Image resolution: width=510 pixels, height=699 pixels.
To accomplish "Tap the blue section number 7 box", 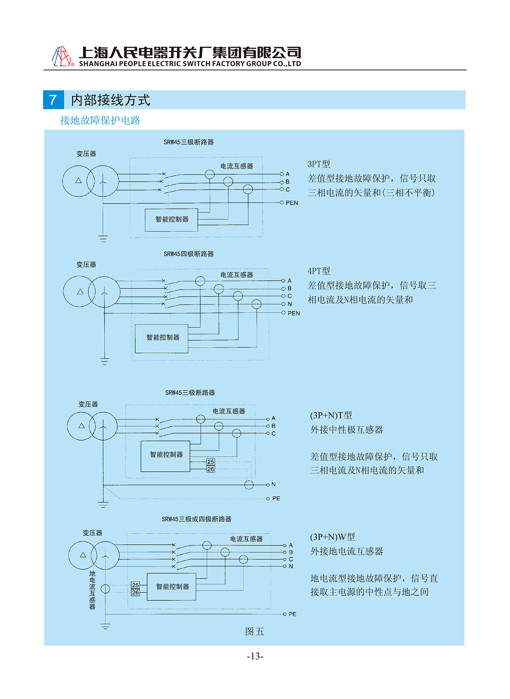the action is pyautogui.click(x=54, y=100).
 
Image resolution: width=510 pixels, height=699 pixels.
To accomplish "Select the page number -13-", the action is pyautogui.click(x=255, y=656).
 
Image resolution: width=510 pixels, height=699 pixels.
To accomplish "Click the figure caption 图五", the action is pyautogui.click(x=255, y=631).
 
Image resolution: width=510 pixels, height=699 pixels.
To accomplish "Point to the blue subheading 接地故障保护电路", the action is pyautogui.click(x=100, y=120).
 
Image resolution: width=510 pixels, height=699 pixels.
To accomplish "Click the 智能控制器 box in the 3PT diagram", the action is pyautogui.click(x=172, y=220).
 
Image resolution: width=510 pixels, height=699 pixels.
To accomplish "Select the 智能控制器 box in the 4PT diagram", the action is pyautogui.click(x=161, y=338).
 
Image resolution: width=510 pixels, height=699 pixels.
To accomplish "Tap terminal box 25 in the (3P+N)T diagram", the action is pyautogui.click(x=210, y=461).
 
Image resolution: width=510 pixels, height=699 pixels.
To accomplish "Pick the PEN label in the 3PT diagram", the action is pyautogui.click(x=292, y=203).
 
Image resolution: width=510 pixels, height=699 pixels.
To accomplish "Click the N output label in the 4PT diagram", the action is pyautogui.click(x=290, y=304).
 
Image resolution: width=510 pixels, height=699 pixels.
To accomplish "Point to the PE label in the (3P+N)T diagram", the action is pyautogui.click(x=276, y=498).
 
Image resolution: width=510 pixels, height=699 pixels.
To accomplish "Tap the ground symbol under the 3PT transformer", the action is pyautogui.click(x=103, y=239).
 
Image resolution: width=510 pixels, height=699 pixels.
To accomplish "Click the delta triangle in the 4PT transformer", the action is pyautogui.click(x=80, y=291).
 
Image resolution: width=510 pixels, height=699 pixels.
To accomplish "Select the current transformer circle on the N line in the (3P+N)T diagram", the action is pyautogui.click(x=249, y=485).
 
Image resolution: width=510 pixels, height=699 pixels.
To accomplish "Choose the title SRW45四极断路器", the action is pyautogui.click(x=189, y=254).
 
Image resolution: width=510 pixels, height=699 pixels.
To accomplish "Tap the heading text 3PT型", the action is pyautogui.click(x=319, y=164).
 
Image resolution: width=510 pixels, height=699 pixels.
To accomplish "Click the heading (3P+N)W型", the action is pyautogui.click(x=332, y=537).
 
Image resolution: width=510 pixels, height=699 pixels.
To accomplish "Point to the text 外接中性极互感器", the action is pyautogui.click(x=346, y=430).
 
